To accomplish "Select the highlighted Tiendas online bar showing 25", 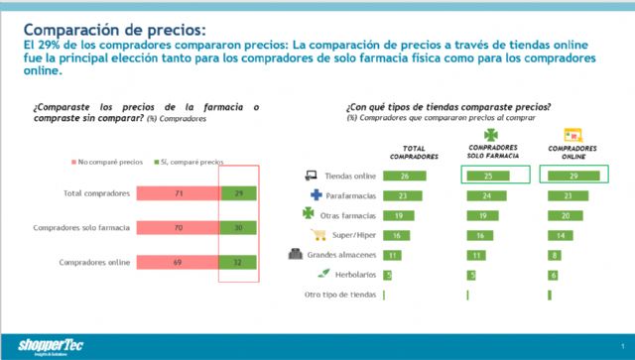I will [x=486, y=176].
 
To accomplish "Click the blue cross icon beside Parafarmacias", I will [x=317, y=195].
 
